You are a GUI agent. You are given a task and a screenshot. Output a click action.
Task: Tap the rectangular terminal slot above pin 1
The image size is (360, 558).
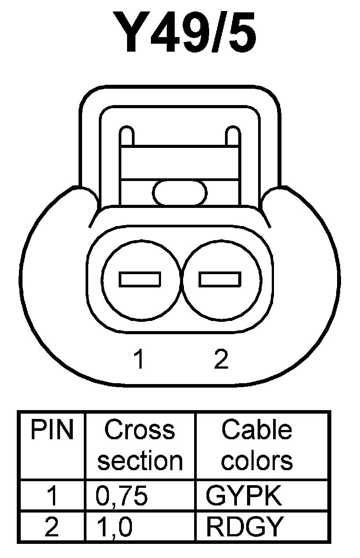pyautogui.click(x=140, y=279)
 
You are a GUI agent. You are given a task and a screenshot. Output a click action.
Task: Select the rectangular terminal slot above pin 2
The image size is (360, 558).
pyautogui.click(x=220, y=279)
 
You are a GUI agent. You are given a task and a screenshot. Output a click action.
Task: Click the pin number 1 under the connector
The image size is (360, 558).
pyautogui.click(x=139, y=360)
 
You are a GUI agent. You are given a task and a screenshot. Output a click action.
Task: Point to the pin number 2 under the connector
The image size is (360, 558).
pyautogui.click(x=221, y=360)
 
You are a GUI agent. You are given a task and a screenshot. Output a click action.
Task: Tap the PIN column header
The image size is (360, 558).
pyautogui.click(x=52, y=430)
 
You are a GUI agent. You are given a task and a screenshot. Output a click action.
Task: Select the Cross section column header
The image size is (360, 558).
pyautogui.click(x=140, y=445)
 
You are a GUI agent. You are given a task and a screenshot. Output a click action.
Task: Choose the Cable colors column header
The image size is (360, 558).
pyautogui.click(x=257, y=445)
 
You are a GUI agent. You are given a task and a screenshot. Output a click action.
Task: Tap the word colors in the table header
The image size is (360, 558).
pyautogui.click(x=257, y=461)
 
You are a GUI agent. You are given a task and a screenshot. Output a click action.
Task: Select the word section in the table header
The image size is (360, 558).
pyautogui.click(x=140, y=461)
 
